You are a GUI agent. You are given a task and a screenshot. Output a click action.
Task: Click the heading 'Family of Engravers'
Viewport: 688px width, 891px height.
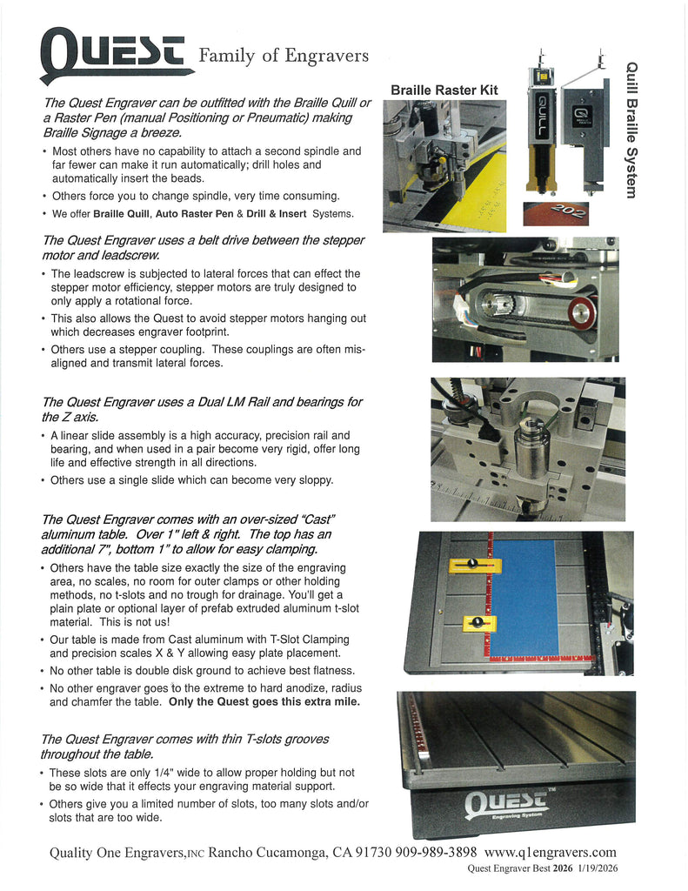[x=284, y=56]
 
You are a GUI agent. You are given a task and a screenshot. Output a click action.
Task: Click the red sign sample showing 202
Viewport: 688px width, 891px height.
[x=556, y=212]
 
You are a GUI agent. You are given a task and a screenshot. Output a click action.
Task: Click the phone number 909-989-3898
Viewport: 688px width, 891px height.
[x=436, y=852]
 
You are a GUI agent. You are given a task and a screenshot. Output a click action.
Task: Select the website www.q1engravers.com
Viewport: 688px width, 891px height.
[x=550, y=852]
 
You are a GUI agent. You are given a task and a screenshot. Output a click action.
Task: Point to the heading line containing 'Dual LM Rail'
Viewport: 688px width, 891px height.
[x=202, y=402]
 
